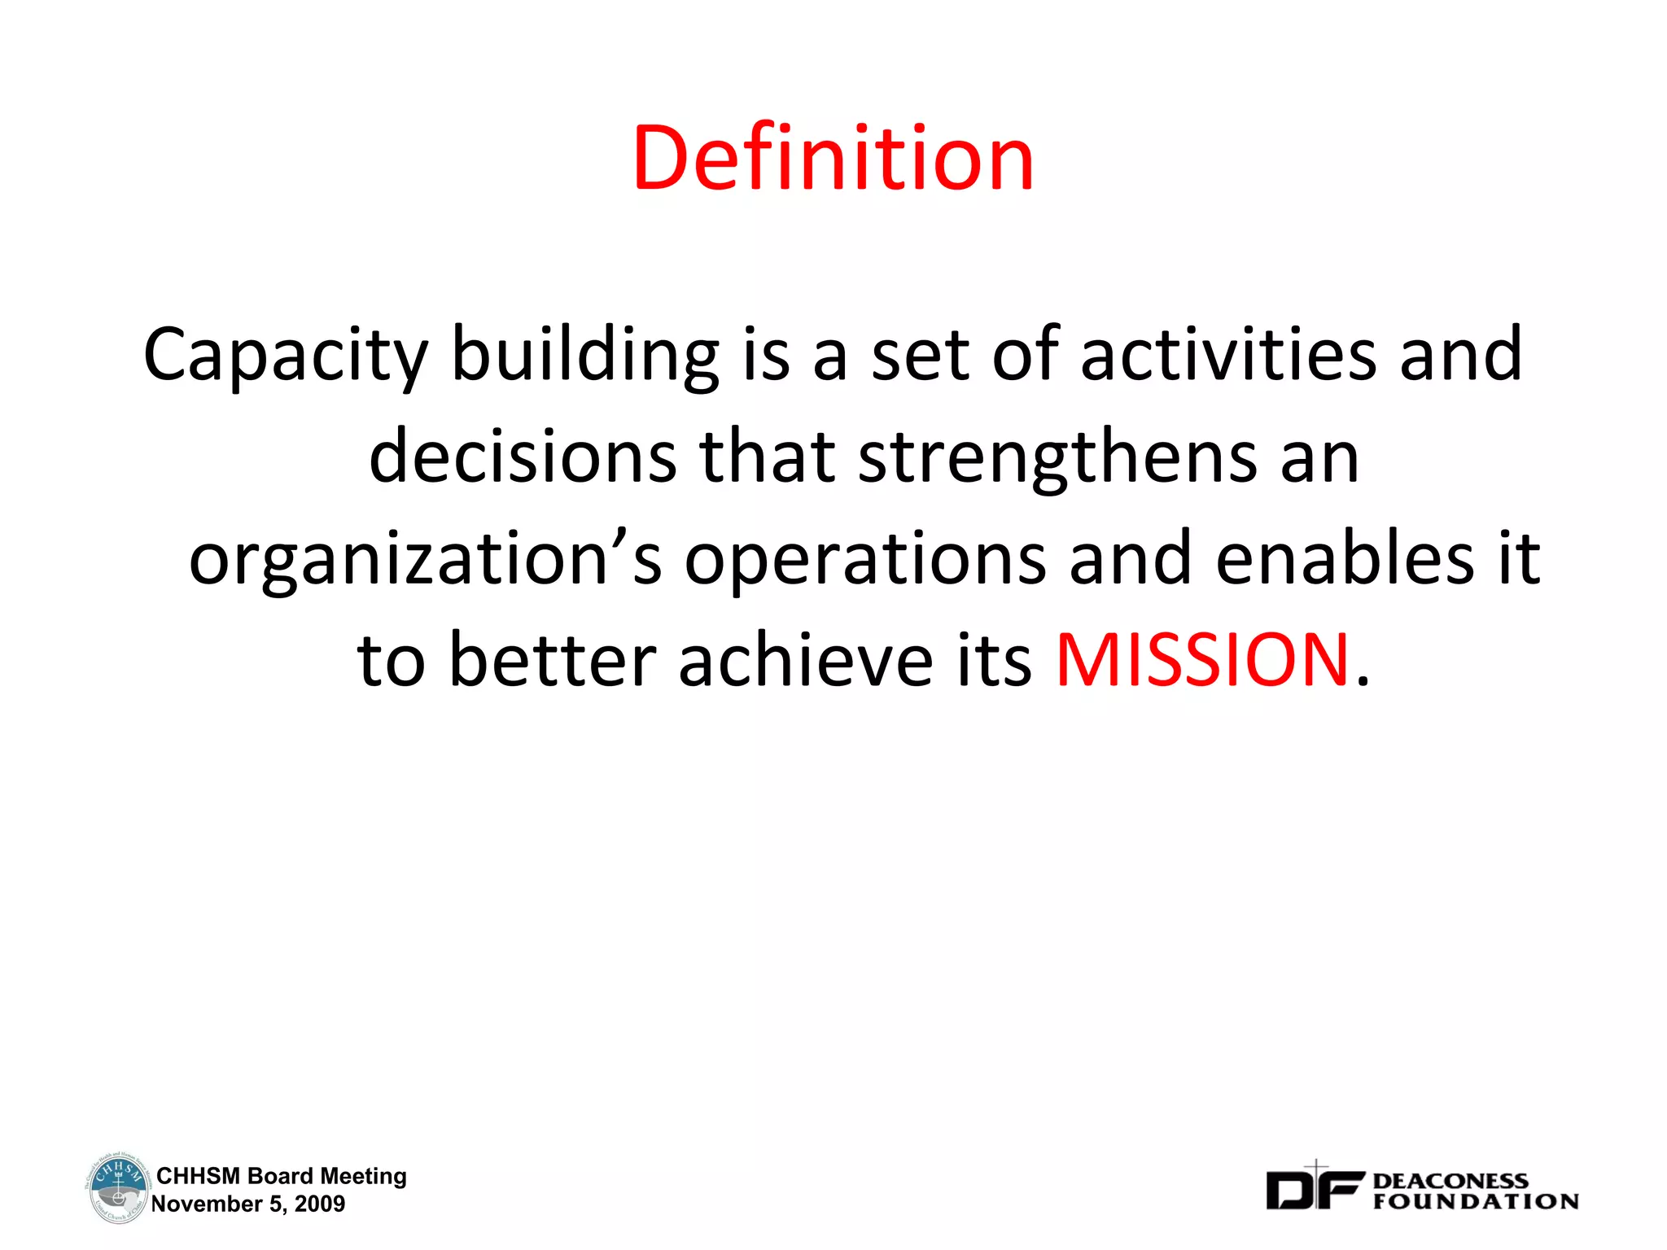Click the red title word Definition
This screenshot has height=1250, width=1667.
coord(833,158)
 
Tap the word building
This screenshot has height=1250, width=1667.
coord(585,355)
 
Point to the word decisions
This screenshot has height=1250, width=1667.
coord(523,457)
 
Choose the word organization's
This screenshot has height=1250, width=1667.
coord(425,560)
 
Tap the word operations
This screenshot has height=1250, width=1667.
coord(864,560)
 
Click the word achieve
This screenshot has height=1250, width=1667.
coord(806,660)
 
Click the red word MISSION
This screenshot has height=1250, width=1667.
coord(1203,660)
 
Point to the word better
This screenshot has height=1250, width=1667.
coord(553,660)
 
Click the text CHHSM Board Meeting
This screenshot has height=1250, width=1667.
coord(281,1176)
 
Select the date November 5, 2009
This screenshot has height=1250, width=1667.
coord(248,1204)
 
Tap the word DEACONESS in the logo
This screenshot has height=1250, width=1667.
coord(1450,1181)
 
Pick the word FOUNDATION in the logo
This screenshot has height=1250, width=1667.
coord(1476,1201)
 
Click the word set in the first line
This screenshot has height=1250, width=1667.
coord(920,355)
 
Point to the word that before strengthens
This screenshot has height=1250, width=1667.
coord(767,457)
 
